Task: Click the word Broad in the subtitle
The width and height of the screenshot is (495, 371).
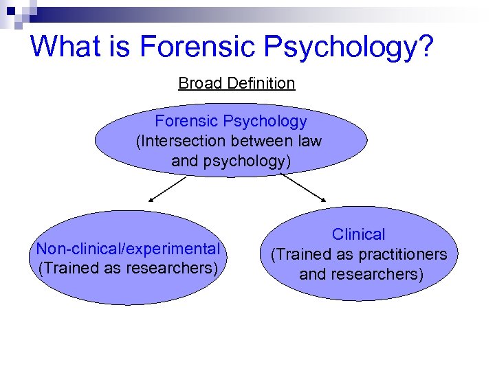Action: (x=200, y=83)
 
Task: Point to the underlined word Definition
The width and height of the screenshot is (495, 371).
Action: (x=261, y=83)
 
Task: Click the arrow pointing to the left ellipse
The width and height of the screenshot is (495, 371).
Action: (x=168, y=188)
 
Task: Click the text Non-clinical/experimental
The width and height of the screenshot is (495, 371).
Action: (x=129, y=248)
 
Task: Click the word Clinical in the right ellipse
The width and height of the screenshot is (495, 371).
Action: (x=359, y=234)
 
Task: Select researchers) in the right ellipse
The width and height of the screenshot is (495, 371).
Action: (x=377, y=274)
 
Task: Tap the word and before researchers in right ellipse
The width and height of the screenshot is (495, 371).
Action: (x=312, y=274)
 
